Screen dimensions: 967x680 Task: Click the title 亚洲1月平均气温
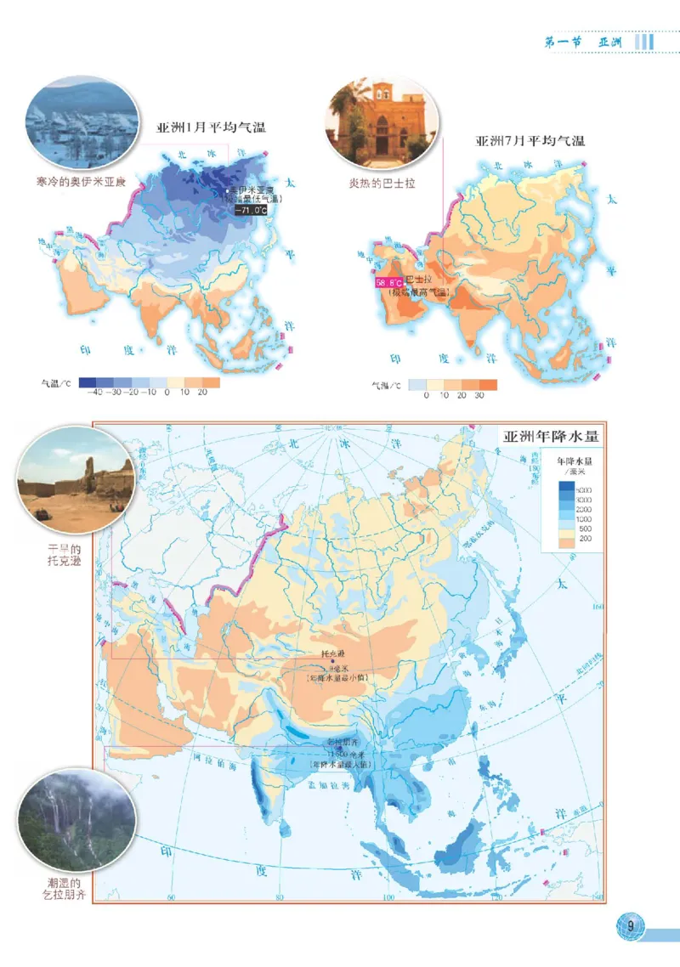point(211,128)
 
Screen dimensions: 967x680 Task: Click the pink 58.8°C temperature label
point(388,281)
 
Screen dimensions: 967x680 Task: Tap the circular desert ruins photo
point(76,480)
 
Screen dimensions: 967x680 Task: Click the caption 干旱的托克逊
point(64,556)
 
